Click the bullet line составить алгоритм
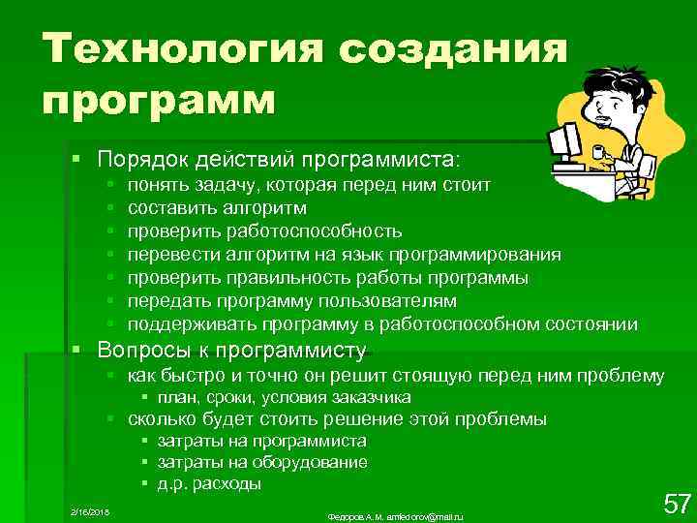click(x=217, y=207)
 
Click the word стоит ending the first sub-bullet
click(x=466, y=184)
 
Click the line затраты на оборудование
click(x=262, y=462)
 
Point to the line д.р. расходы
click(x=209, y=483)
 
